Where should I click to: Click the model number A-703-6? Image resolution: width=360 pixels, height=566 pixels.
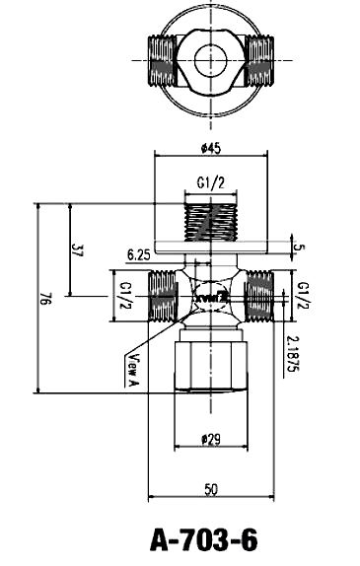tap(204, 539)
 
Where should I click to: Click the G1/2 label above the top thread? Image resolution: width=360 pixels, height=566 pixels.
tap(209, 183)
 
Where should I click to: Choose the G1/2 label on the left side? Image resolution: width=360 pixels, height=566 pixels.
tap(125, 294)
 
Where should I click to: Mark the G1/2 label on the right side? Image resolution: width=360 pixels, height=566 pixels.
tap(302, 294)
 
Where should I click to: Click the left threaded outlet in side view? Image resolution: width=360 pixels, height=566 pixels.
tap(162, 295)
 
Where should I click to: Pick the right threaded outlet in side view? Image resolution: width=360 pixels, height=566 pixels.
tap(257, 295)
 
